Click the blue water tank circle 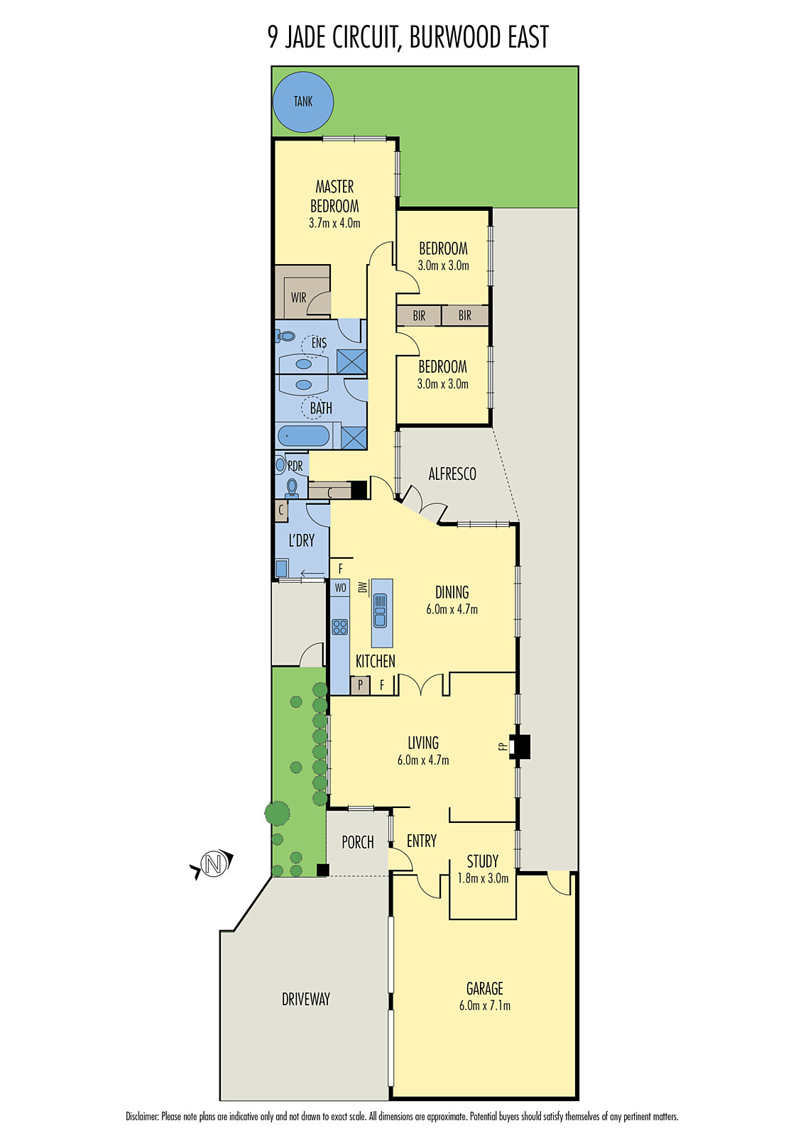(303, 102)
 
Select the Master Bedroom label (334, 196)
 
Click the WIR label (298, 297)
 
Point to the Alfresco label (452, 474)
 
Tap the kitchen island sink (380, 611)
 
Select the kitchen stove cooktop (340, 626)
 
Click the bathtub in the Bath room (304, 436)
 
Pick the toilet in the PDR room (291, 487)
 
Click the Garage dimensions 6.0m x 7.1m (485, 1005)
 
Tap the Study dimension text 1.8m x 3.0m (483, 878)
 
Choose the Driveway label (306, 999)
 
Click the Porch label (357, 842)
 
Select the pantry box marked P (360, 685)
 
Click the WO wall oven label (340, 588)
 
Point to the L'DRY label (301, 540)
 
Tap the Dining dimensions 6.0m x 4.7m (452, 609)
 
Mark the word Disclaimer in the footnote (142, 1117)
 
